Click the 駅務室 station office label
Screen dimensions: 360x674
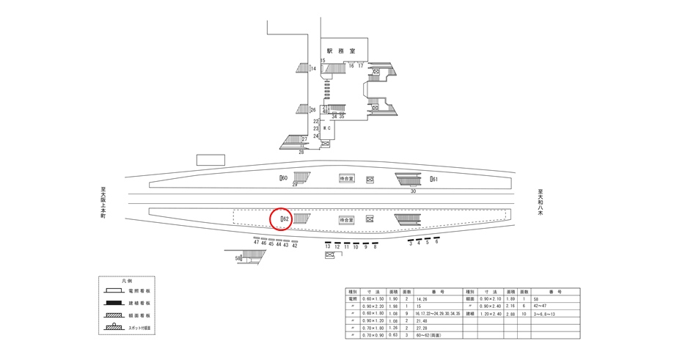[x=341, y=51]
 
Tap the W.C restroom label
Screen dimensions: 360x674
[x=327, y=128]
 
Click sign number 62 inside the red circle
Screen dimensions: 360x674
[x=285, y=218]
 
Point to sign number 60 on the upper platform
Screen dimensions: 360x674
[x=284, y=178]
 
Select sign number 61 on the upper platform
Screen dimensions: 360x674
[x=433, y=179]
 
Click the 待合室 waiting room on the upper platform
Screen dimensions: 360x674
[x=347, y=179]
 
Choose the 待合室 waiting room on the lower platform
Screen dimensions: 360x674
[x=347, y=219]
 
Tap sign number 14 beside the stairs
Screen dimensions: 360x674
[x=312, y=69]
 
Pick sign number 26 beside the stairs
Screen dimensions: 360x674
[x=312, y=110]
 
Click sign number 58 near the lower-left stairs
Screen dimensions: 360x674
[x=238, y=258]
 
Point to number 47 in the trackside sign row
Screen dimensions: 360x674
[x=257, y=243]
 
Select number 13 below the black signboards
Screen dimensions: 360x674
[x=328, y=247]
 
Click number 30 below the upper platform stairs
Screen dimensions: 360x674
[x=413, y=191]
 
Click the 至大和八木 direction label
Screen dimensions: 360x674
[x=540, y=202]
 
